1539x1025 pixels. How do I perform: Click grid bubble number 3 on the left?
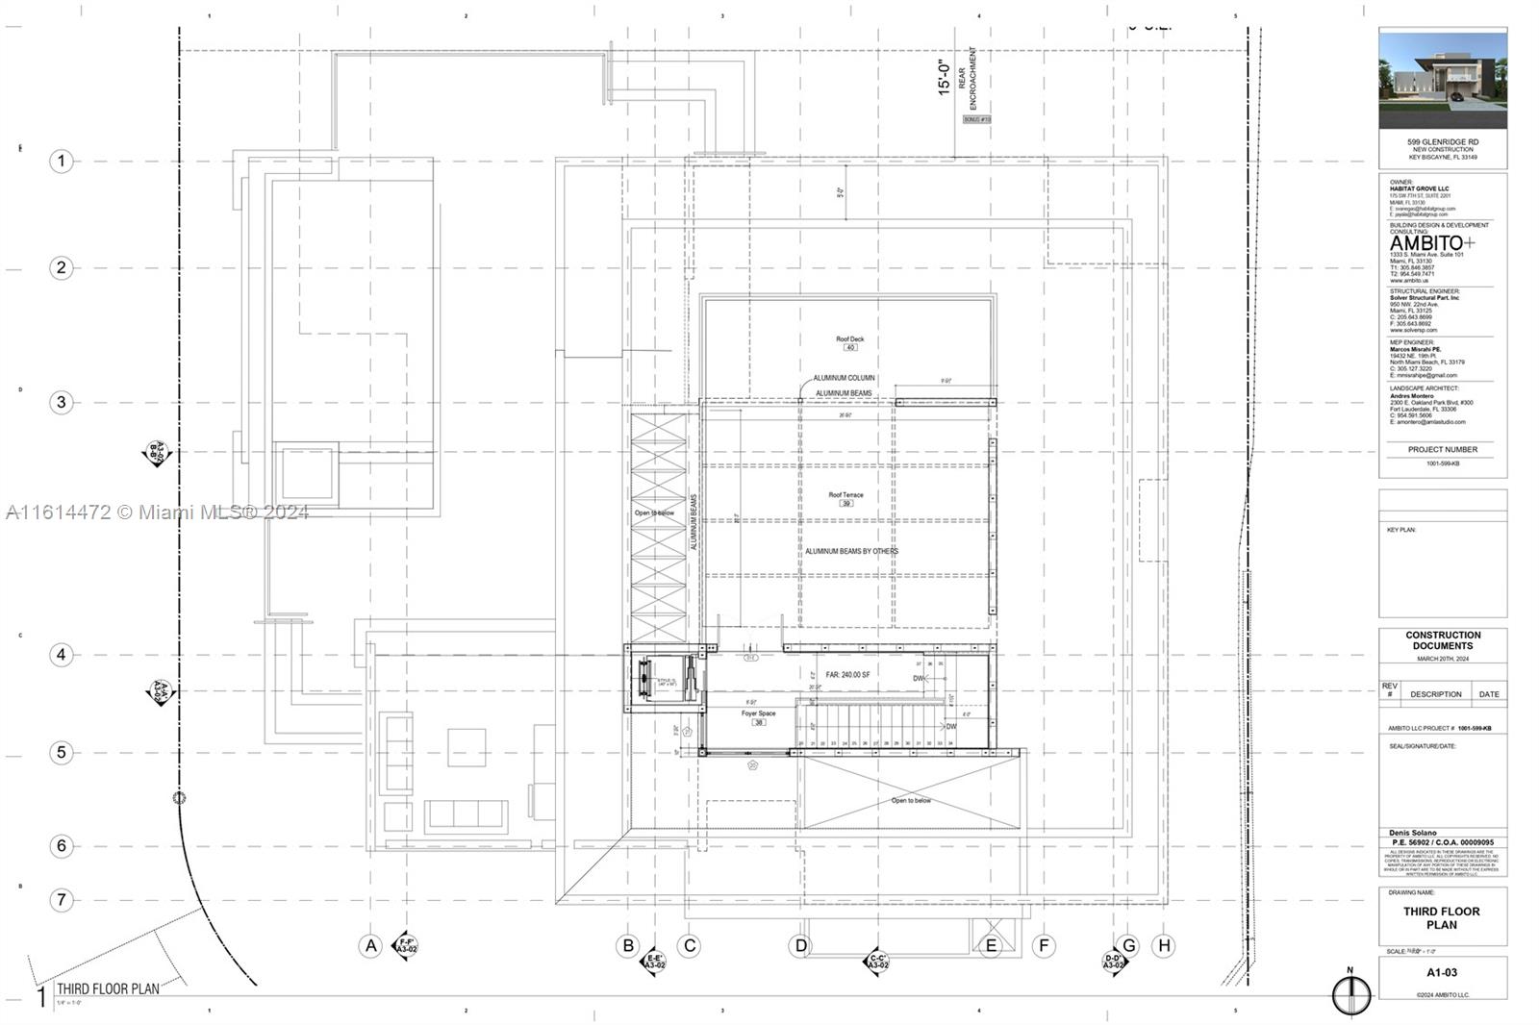[x=62, y=402]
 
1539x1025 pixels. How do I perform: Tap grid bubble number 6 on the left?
[x=62, y=845]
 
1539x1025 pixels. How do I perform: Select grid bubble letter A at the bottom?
[x=371, y=945]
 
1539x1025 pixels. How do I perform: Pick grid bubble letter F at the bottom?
[x=1044, y=945]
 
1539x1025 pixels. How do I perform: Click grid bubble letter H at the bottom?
[x=1164, y=945]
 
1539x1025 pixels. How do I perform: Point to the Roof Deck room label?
[x=849, y=339]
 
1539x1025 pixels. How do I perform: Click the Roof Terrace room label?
[x=846, y=495]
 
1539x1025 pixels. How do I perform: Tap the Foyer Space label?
[x=758, y=713]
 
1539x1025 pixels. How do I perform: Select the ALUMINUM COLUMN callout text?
[x=844, y=378]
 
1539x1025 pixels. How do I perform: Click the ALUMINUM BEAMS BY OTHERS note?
[x=851, y=551]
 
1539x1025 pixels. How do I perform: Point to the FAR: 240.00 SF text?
[x=847, y=675]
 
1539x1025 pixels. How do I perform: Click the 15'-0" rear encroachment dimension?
[x=945, y=77]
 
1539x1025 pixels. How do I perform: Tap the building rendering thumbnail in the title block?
[x=1442, y=80]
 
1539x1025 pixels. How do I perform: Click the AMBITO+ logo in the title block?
[x=1432, y=243]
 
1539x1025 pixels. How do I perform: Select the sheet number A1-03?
[x=1442, y=972]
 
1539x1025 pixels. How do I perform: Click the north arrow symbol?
[x=1350, y=994]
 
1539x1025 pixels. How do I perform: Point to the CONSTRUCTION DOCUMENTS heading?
[x=1443, y=640]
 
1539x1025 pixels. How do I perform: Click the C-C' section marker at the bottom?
[x=876, y=961]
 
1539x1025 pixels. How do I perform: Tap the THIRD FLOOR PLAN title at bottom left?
[x=108, y=988]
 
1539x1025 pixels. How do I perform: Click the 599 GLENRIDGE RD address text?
[x=1443, y=142]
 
